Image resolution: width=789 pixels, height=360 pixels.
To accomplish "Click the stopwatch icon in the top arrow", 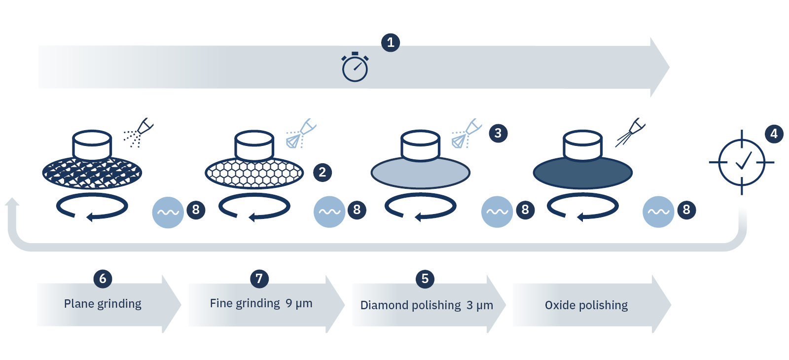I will coord(355,68).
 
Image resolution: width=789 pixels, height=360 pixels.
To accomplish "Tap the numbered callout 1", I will coord(391,42).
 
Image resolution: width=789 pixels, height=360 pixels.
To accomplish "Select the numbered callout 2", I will coord(323,172).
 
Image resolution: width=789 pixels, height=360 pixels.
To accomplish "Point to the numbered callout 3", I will coord(498,133).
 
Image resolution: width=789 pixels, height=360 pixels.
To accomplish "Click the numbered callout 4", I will coord(774,134).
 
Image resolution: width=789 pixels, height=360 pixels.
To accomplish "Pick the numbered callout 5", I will coord(425,279).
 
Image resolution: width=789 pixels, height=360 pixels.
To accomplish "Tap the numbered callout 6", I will coord(103,279).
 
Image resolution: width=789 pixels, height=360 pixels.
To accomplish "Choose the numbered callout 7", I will coord(259,279).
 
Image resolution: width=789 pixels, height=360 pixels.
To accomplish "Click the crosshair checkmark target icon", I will coord(742,162).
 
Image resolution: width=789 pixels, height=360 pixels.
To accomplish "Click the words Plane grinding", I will coord(103,304).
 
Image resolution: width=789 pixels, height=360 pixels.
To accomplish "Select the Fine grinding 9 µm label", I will coord(261,303).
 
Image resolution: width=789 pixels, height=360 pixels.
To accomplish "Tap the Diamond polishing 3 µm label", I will coord(427,305).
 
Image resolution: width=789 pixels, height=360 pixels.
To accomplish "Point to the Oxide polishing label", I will coord(586,305).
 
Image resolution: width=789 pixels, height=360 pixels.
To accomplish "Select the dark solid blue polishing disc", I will coord(582,174).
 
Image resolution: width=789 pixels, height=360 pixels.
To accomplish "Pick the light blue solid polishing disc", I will coord(420,174).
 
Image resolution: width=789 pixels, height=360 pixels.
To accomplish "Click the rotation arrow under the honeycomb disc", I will coord(254,207).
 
